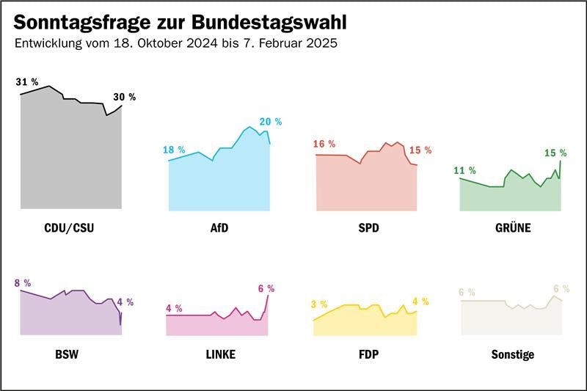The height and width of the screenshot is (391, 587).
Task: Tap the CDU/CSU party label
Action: (70, 228)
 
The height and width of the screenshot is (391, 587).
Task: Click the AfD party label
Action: (219, 228)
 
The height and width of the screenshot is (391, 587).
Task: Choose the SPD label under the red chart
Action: (368, 228)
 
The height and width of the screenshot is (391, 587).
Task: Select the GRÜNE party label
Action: (512, 228)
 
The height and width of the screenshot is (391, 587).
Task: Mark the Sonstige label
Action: (512, 355)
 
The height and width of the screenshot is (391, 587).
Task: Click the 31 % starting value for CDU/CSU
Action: (27, 82)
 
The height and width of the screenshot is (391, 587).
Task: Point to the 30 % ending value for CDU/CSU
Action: (124, 97)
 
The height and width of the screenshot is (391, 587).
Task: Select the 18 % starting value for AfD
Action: (174, 150)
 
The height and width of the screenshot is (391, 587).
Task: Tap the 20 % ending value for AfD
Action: (269, 121)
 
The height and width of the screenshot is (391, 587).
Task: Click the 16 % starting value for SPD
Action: (324, 144)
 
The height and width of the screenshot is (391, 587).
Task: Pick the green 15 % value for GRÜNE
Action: (555, 153)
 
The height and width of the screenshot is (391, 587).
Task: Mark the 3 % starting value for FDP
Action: (319, 304)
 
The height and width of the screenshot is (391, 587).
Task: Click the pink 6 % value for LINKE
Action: (266, 288)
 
